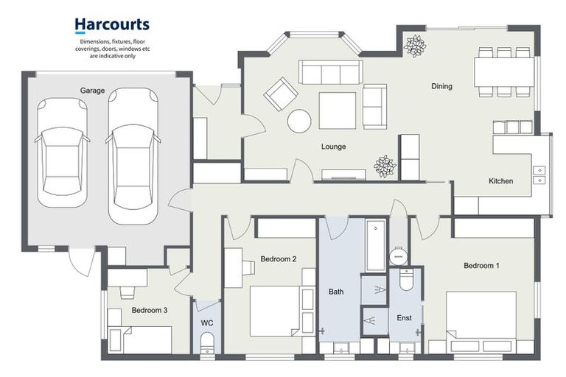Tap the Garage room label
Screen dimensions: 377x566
coord(93,91)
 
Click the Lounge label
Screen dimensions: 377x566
coord(333,147)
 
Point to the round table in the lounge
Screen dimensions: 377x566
coord(299,121)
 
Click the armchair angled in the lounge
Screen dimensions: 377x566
coord(280,94)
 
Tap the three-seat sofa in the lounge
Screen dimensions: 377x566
coord(329,73)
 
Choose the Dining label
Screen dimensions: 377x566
coord(441,86)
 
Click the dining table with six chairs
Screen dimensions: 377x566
coord(504,72)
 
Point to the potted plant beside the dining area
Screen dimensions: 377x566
coord(416,45)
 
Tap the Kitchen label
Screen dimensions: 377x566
coord(500,181)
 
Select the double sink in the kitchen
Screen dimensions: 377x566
coord(540,174)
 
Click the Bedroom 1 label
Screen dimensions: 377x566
coord(482,265)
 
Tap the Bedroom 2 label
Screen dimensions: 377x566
coord(279,258)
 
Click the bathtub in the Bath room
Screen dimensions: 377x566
coord(376,246)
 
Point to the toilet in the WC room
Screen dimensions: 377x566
coord(207,342)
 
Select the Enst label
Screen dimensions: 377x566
coord(404,317)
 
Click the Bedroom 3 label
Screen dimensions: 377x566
coord(150,310)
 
